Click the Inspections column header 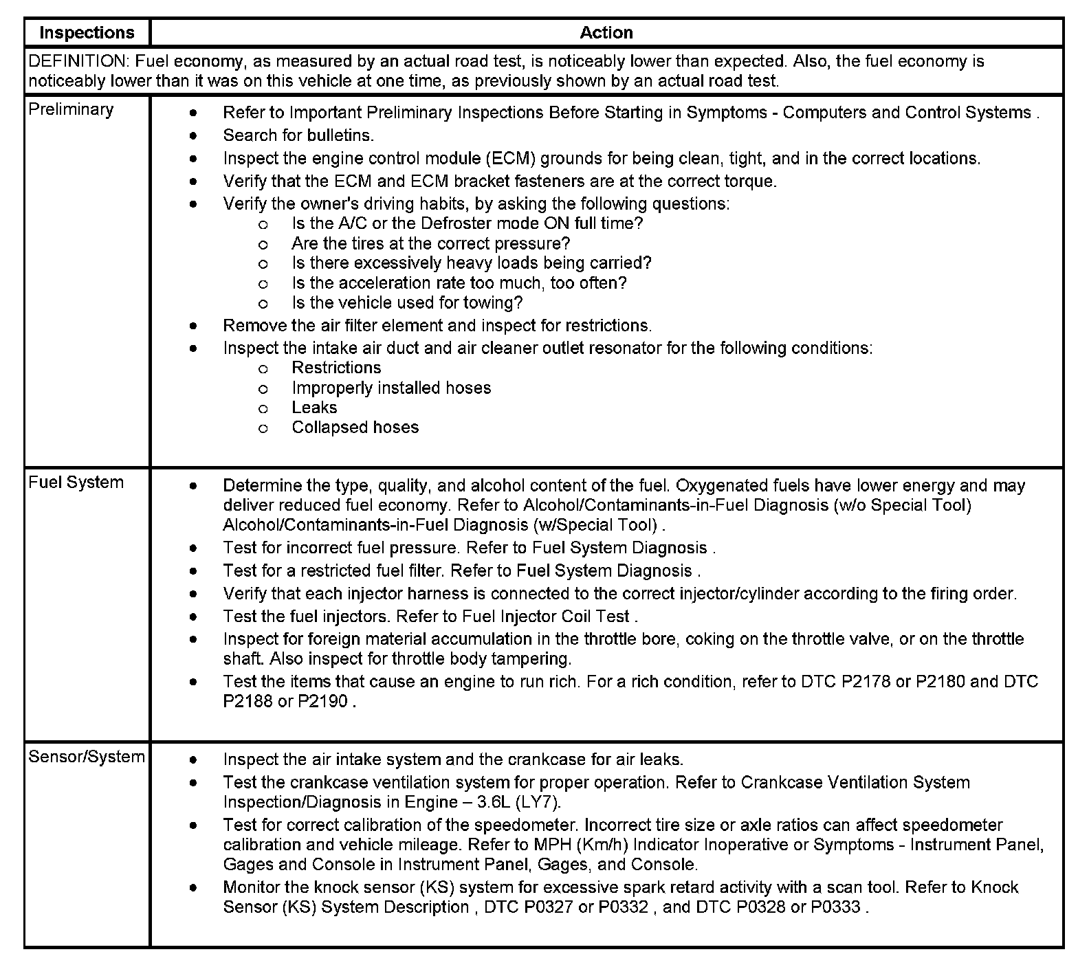[87, 32]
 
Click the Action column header [606, 32]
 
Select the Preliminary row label [71, 109]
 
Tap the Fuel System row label [76, 482]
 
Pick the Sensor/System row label [87, 757]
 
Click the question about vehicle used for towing [407, 302]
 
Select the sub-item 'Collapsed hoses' [355, 427]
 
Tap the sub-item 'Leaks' [314, 407]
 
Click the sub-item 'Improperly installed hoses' [391, 388]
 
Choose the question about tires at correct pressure [430, 243]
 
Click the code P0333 [835, 907]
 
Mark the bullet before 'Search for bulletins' [195, 135]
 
